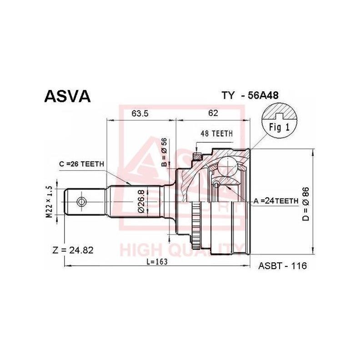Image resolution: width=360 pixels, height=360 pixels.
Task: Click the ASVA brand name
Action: [67, 96]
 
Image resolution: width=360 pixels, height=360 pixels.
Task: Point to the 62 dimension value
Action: [212, 114]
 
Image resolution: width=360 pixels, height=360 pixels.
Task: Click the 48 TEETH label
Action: [216, 134]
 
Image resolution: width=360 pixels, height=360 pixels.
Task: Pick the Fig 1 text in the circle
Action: [280, 127]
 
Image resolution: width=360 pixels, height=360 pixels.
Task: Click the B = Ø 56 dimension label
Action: [165, 152]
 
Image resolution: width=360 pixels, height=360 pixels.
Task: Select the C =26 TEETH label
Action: [82, 164]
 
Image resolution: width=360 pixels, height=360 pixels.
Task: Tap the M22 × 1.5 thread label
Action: [50, 201]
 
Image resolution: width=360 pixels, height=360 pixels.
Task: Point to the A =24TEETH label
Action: [276, 200]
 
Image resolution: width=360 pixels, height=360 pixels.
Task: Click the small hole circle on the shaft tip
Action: [81, 201]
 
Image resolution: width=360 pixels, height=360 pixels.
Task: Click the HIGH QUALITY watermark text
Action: [182, 249]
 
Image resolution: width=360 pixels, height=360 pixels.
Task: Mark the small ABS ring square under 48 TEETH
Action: [197, 157]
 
